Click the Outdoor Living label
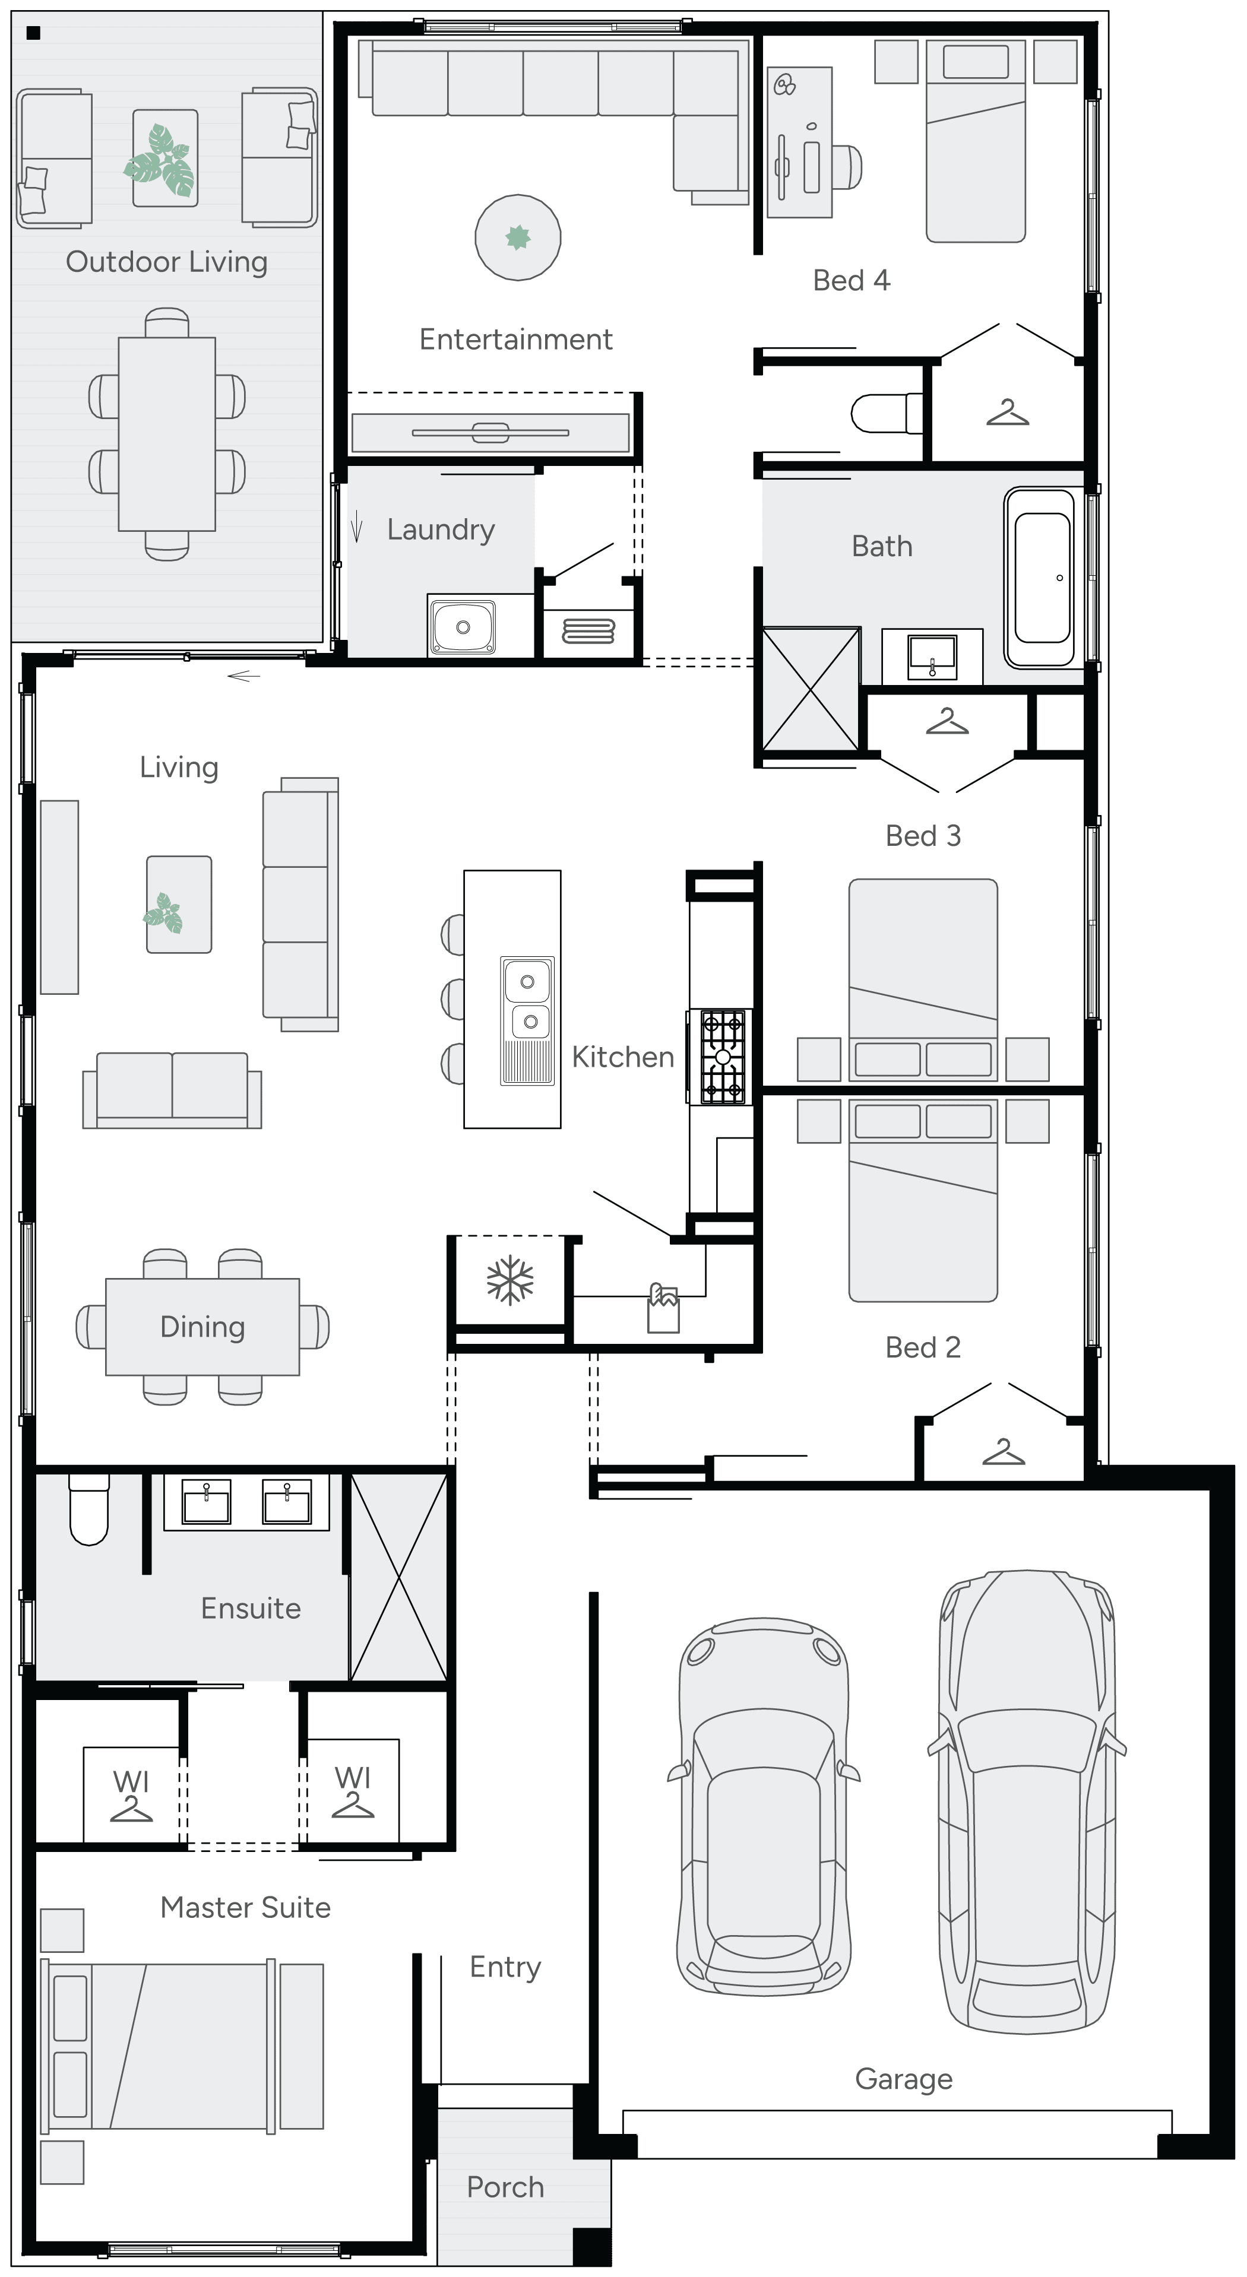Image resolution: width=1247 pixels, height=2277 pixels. (x=166, y=262)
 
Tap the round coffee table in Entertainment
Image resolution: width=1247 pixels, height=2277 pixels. (x=517, y=237)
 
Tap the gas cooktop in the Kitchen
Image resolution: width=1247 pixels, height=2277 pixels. (x=723, y=1057)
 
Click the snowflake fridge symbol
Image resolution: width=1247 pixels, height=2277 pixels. (x=510, y=1281)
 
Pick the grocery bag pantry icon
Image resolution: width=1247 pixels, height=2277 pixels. (x=663, y=1309)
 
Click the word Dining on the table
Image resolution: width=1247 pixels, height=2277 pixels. (x=202, y=1327)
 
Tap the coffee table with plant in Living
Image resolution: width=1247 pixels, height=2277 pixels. (x=179, y=904)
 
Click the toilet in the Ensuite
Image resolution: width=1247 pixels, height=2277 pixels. (x=88, y=1509)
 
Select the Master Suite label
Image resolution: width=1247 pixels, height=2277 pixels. (x=245, y=1908)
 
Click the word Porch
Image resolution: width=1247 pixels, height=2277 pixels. (x=505, y=2187)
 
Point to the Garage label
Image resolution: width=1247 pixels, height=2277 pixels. (x=903, y=2079)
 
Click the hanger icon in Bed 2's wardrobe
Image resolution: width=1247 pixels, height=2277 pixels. (x=1003, y=1451)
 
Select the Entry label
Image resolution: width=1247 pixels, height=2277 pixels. (x=505, y=1968)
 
